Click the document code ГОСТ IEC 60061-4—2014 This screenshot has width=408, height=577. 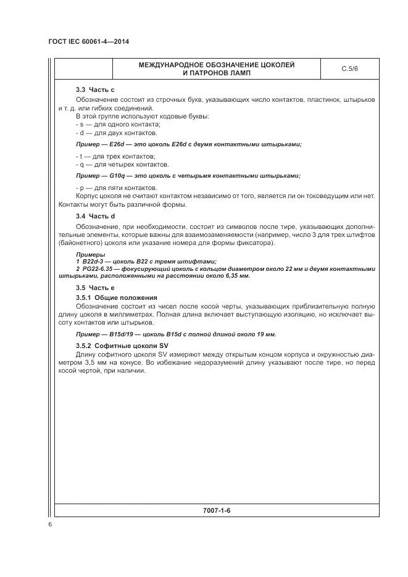91,42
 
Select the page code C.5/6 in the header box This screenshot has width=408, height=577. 349,69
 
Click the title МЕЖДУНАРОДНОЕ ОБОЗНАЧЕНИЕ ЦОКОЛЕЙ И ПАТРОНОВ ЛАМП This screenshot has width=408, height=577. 216,69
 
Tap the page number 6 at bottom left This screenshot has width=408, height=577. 50,525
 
